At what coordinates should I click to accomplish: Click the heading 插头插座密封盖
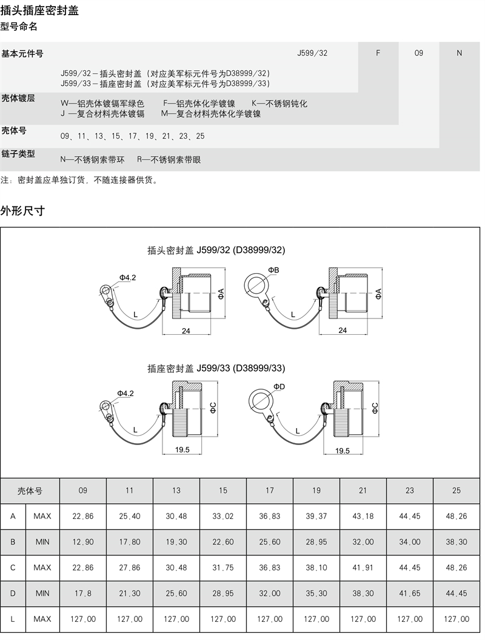click(x=39, y=11)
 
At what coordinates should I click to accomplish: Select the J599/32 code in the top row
click(x=312, y=53)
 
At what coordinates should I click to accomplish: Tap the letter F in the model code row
click(x=378, y=53)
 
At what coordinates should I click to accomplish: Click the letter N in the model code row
click(x=459, y=53)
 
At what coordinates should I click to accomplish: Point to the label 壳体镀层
click(x=18, y=98)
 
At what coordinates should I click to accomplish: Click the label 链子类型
click(x=18, y=154)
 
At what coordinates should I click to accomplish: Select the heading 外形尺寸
click(x=22, y=211)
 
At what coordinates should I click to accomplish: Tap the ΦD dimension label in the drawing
click(x=279, y=386)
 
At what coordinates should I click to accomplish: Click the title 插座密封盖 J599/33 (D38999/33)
click(x=216, y=368)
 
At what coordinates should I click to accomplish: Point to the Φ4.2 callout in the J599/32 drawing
click(x=127, y=277)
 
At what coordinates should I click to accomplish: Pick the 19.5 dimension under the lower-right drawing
click(x=343, y=450)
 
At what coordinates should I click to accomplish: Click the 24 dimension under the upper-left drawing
click(x=186, y=330)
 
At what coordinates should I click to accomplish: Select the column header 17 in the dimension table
click(x=270, y=490)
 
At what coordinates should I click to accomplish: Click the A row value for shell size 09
click(x=83, y=516)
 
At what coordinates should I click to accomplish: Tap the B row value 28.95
click(x=316, y=542)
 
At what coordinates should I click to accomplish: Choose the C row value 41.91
click(x=363, y=567)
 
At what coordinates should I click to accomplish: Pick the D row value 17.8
click(x=83, y=593)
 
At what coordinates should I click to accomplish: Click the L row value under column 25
click(x=457, y=619)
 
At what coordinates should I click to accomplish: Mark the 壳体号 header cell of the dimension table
click(x=30, y=490)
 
